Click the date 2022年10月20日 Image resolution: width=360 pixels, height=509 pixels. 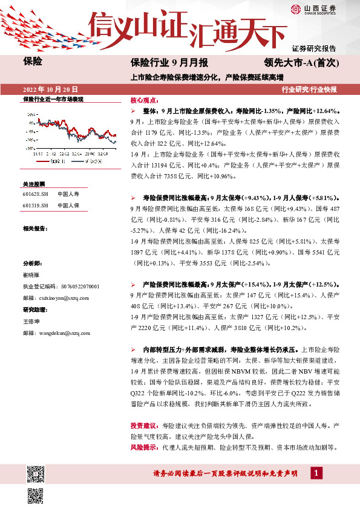[x=50, y=89]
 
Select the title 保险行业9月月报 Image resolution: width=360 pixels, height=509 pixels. [x=169, y=62]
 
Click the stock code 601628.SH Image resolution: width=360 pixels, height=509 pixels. [x=34, y=194]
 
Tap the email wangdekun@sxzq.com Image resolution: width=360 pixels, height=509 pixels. [x=56, y=332]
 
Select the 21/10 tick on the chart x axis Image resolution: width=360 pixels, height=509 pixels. [x=37, y=154]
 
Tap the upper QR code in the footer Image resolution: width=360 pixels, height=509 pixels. [x=35, y=473]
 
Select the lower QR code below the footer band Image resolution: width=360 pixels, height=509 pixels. [x=35, y=496]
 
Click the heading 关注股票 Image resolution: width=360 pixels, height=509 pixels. [x=34, y=183]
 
